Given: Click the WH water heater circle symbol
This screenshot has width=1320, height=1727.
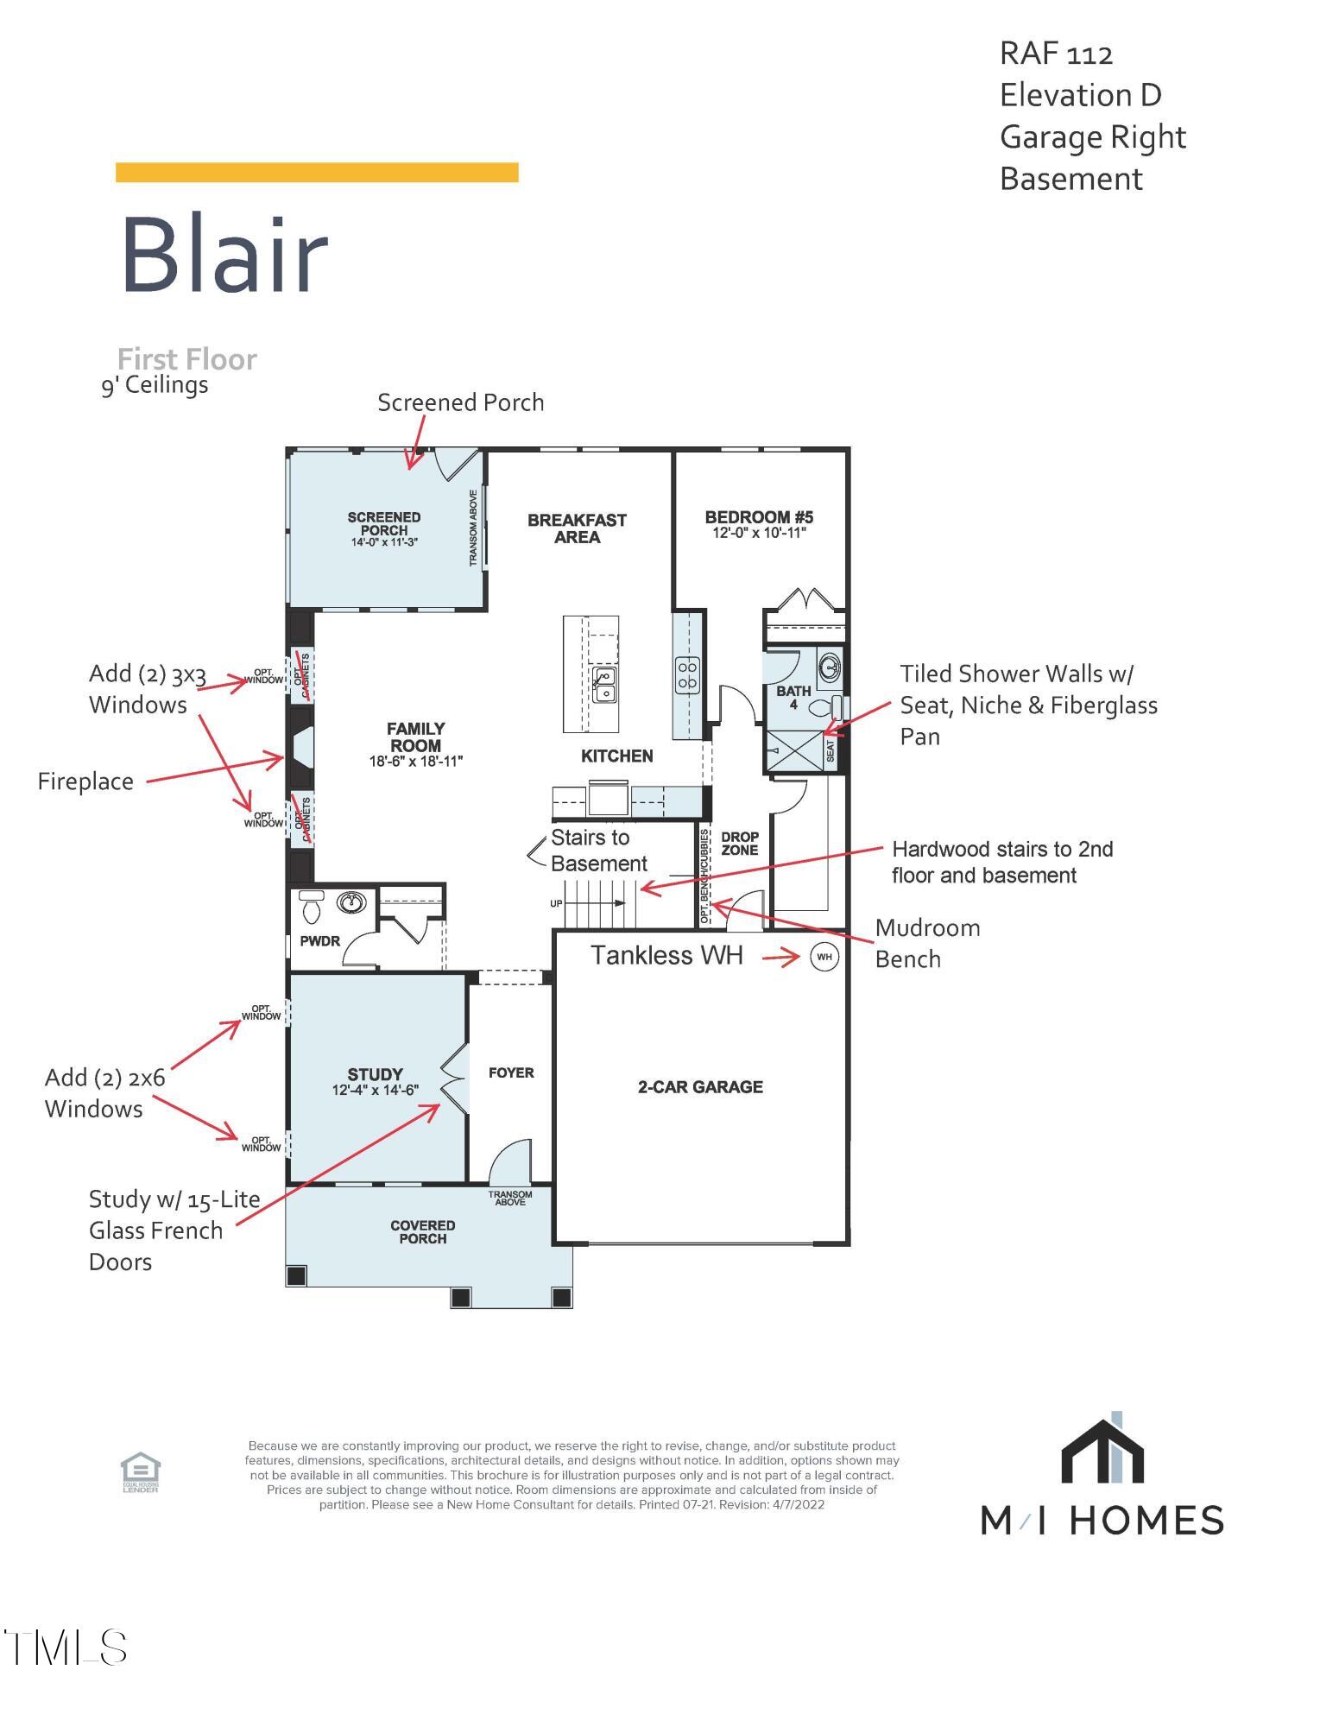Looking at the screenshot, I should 824,957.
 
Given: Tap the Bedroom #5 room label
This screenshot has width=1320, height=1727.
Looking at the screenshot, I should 759,524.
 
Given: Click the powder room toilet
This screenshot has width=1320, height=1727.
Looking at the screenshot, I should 312,908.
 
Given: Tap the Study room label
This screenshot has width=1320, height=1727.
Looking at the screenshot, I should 375,1081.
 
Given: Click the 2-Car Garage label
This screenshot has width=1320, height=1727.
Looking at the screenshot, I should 700,1087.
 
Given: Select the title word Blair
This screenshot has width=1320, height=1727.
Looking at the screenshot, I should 224,254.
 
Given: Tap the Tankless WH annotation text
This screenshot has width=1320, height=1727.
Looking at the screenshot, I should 666,955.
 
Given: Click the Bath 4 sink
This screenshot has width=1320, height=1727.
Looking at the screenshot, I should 830,667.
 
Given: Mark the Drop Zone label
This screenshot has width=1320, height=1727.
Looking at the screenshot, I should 739,844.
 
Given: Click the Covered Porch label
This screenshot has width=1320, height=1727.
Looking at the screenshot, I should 422,1231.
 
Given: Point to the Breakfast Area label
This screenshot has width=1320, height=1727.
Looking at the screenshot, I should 577,528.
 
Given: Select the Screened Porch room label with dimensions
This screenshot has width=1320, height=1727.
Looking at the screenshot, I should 384,528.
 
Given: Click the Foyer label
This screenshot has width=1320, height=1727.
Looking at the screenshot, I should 511,1072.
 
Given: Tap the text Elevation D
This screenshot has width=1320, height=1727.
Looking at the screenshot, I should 1080,95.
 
